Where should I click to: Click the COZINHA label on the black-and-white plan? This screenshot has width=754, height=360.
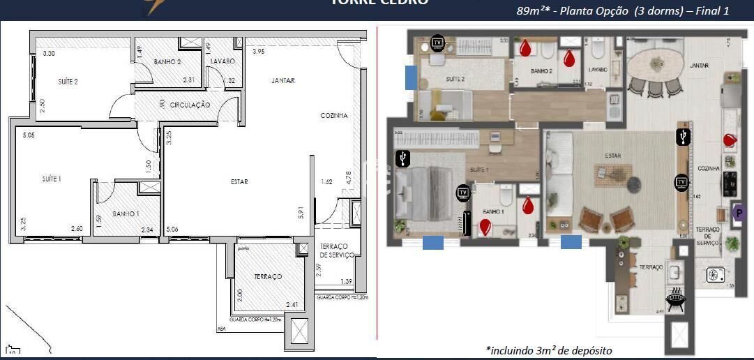pos(333,116)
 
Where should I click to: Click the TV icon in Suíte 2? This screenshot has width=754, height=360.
pos(437,43)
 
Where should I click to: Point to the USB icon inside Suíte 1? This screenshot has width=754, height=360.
pos(402,159)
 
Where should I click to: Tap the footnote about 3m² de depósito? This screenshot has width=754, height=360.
pos(548,350)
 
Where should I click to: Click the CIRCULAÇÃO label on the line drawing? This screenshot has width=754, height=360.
pos(190,105)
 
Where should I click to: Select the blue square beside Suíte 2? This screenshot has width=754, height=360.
pos(412,77)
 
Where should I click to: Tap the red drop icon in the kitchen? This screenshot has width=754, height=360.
pos(730,140)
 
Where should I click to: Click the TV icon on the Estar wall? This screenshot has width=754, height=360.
pos(681,183)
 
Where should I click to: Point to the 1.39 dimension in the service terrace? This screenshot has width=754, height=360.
pos(347,281)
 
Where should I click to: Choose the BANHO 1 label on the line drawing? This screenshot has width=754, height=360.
pos(126,213)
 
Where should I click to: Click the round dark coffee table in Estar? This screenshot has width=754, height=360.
pos(634,184)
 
